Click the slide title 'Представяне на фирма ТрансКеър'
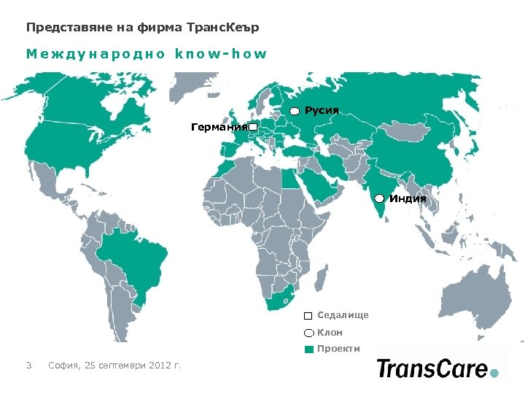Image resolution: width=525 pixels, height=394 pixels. [x=142, y=28]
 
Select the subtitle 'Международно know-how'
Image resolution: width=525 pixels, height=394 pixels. [x=147, y=54]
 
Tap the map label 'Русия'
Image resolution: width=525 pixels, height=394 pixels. [x=322, y=110]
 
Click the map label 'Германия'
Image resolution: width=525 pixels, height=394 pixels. [x=218, y=128]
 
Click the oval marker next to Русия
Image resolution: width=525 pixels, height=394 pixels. [x=295, y=111]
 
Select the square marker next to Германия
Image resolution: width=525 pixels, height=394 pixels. [x=253, y=128]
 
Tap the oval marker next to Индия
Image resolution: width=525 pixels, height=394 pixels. [x=380, y=198]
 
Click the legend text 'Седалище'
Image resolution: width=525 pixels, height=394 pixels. [x=343, y=315]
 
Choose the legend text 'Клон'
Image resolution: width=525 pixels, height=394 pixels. [x=330, y=332]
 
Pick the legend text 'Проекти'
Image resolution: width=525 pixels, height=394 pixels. [x=338, y=349]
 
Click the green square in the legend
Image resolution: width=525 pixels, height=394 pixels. [x=309, y=349]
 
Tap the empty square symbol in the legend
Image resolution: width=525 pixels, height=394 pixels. [x=309, y=316]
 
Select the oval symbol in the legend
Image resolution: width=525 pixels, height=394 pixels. [x=309, y=333]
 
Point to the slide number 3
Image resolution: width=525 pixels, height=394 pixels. [x=28, y=365]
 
